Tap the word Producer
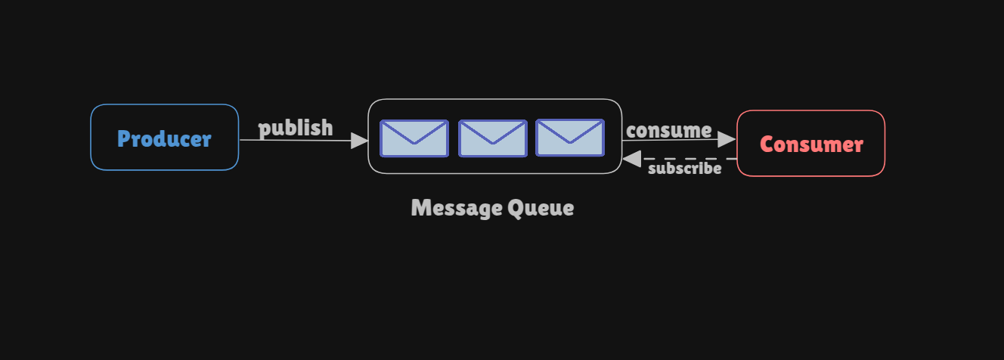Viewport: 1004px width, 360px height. click(x=164, y=138)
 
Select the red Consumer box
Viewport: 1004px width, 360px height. click(x=810, y=163)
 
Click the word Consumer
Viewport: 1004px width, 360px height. click(x=811, y=144)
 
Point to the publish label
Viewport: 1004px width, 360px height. click(x=296, y=128)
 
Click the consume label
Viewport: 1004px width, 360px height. click(x=668, y=130)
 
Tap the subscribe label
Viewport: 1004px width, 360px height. click(x=684, y=169)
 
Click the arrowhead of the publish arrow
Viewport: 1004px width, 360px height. click(x=361, y=141)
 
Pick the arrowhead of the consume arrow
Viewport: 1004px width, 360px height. click(x=727, y=139)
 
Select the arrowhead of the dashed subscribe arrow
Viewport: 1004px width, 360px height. click(x=631, y=159)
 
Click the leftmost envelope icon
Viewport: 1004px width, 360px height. click(x=414, y=138)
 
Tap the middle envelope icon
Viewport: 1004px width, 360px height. click(x=492, y=138)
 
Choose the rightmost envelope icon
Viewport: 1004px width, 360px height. click(x=570, y=138)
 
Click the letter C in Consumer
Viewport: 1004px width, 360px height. click(x=767, y=144)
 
